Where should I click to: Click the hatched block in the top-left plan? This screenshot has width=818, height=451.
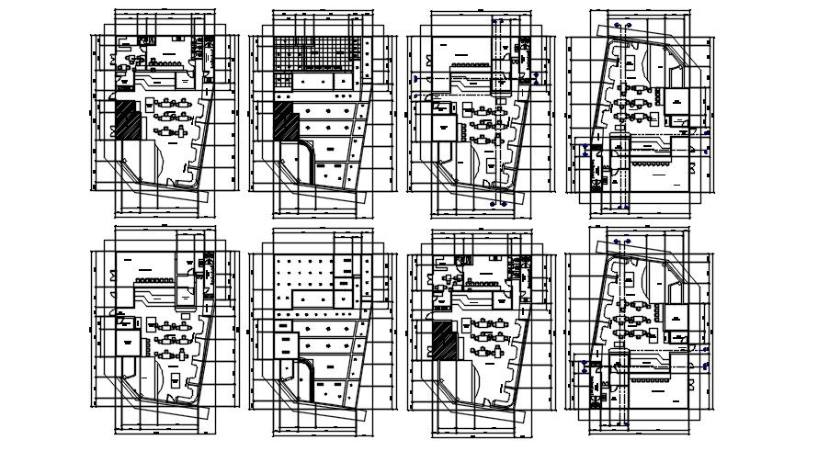point(128,120)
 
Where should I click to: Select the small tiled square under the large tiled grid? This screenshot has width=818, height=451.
point(283,83)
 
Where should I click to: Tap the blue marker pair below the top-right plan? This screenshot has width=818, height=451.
point(625,208)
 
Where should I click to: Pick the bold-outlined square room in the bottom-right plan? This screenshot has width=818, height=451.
point(677,318)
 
